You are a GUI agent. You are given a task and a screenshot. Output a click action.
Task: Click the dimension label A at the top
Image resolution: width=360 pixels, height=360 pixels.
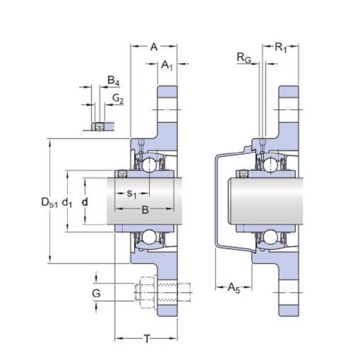154,47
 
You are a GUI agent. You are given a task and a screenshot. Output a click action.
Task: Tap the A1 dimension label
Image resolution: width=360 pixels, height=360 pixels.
167,64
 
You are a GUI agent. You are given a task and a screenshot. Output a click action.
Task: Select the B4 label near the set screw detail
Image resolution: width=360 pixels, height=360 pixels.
114,80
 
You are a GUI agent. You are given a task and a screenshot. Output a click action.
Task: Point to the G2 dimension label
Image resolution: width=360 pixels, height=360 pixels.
118,98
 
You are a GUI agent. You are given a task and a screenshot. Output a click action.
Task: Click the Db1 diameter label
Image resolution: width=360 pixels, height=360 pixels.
49,203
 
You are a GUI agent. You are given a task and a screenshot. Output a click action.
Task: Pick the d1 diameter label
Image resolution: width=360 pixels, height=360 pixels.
67,203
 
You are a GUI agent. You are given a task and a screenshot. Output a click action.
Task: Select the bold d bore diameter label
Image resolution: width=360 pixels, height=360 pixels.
85,202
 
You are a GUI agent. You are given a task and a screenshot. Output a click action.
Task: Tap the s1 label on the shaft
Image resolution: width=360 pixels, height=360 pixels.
132,194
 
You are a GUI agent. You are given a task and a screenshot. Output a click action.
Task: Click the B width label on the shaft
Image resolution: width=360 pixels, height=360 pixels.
145,210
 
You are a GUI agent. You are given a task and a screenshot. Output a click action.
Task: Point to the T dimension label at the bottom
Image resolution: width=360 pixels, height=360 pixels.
147,339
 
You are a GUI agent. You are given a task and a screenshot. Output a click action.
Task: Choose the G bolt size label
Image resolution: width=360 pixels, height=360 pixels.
96,294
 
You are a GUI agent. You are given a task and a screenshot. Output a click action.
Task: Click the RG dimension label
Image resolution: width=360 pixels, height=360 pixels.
244,58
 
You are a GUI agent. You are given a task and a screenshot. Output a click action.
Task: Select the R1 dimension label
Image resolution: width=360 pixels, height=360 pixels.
281,48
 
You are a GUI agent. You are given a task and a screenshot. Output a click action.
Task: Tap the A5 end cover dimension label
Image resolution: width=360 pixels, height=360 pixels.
234,288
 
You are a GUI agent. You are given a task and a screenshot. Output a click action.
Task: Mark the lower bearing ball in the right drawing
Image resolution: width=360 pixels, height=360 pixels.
270,236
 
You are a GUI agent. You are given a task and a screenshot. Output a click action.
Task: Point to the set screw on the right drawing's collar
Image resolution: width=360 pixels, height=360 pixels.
243,174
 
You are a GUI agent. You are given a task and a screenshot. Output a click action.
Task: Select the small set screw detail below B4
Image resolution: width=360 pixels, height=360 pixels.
100,126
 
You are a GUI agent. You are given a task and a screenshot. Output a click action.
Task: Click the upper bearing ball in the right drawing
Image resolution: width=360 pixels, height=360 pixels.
270,164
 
